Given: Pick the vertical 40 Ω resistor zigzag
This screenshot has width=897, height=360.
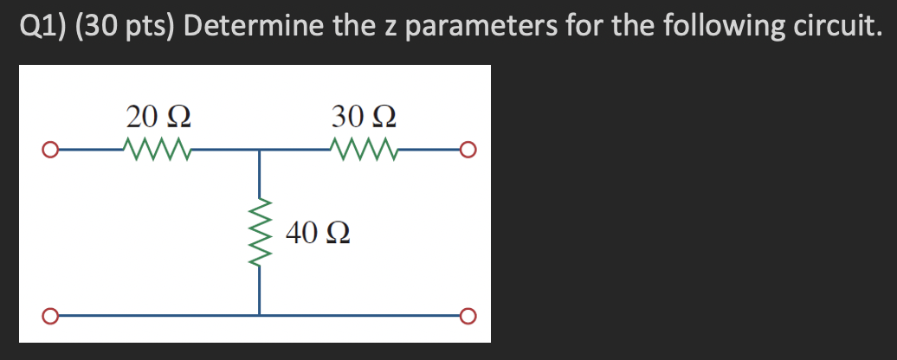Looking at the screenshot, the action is pyautogui.click(x=259, y=232).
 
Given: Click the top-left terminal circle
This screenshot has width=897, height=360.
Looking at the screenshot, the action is pyautogui.click(x=51, y=152).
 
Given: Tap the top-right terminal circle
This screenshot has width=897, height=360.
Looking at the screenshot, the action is pyautogui.click(x=468, y=151).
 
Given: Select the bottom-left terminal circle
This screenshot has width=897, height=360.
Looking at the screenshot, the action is pyautogui.click(x=51, y=313).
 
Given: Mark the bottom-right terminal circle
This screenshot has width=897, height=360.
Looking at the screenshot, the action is pyautogui.click(x=468, y=313).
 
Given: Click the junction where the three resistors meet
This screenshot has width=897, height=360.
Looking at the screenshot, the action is pyautogui.click(x=259, y=151).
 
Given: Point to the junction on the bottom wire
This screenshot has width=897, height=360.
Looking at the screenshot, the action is pyautogui.click(x=259, y=313).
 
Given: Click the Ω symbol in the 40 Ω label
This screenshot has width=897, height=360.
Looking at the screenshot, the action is pyautogui.click(x=337, y=233).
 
